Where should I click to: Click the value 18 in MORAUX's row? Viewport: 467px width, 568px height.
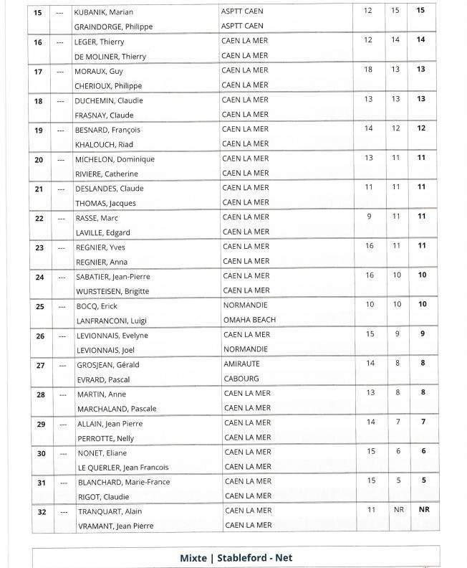[368, 69]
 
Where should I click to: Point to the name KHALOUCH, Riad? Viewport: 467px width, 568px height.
[105, 144]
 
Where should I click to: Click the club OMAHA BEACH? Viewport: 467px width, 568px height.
[249, 320]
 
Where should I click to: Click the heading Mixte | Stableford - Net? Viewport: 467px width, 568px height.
[236, 557]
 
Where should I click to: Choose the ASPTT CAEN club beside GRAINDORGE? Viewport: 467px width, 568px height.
[244, 26]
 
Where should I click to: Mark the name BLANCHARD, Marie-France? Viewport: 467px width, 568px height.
[123, 482]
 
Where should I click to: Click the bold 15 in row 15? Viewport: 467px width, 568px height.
[420, 11]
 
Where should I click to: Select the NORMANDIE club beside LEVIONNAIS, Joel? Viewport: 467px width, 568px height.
[246, 349]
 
